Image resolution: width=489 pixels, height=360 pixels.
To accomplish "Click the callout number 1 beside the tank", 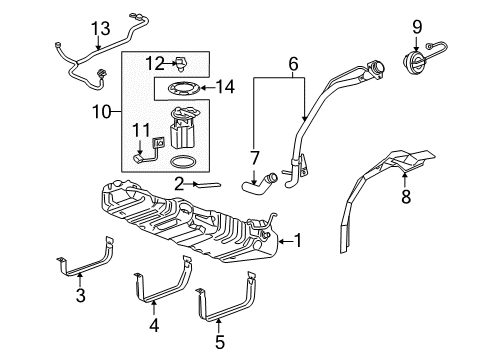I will pos(296,240).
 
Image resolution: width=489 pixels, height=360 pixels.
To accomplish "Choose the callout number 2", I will pos(179,183).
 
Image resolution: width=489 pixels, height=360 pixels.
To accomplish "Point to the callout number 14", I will pos(227,87).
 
